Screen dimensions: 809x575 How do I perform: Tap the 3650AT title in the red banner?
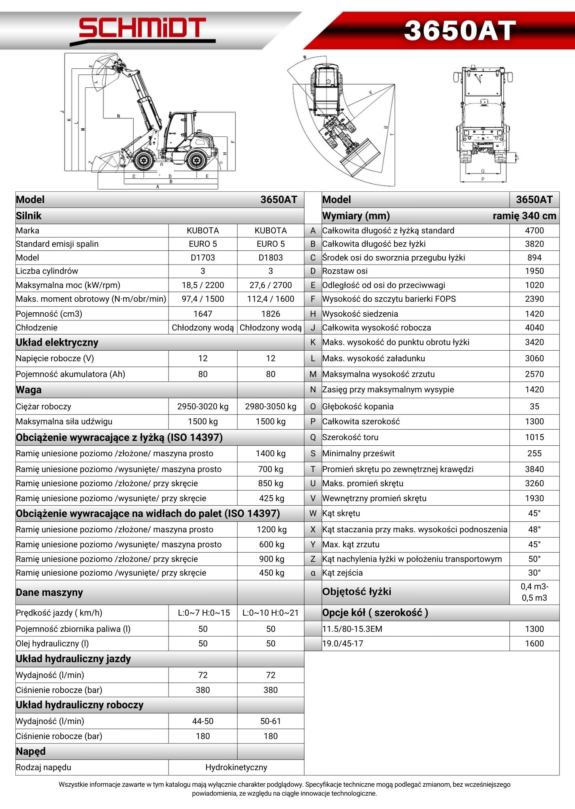(x=460, y=31)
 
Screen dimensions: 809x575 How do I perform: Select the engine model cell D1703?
(x=202, y=258)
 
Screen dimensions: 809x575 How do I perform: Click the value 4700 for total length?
(x=534, y=231)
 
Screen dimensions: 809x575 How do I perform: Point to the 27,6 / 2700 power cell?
(x=270, y=285)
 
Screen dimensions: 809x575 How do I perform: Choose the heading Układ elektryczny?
(x=57, y=343)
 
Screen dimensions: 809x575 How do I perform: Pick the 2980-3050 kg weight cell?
(x=270, y=407)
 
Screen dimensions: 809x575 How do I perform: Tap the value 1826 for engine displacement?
(x=270, y=314)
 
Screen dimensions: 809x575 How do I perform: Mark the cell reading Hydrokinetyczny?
(x=236, y=767)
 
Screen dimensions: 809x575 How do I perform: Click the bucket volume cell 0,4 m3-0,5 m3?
(x=534, y=592)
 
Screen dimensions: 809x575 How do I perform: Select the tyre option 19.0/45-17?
(x=343, y=644)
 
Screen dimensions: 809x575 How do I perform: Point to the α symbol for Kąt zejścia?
(x=313, y=573)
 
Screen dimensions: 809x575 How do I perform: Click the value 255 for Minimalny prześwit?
(x=534, y=453)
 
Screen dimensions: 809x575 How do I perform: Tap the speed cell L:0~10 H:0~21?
(x=270, y=613)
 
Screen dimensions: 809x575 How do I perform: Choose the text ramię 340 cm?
(x=524, y=216)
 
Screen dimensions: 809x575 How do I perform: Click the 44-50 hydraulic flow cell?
(x=202, y=721)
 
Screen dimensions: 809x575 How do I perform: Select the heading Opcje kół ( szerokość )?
(x=375, y=613)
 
